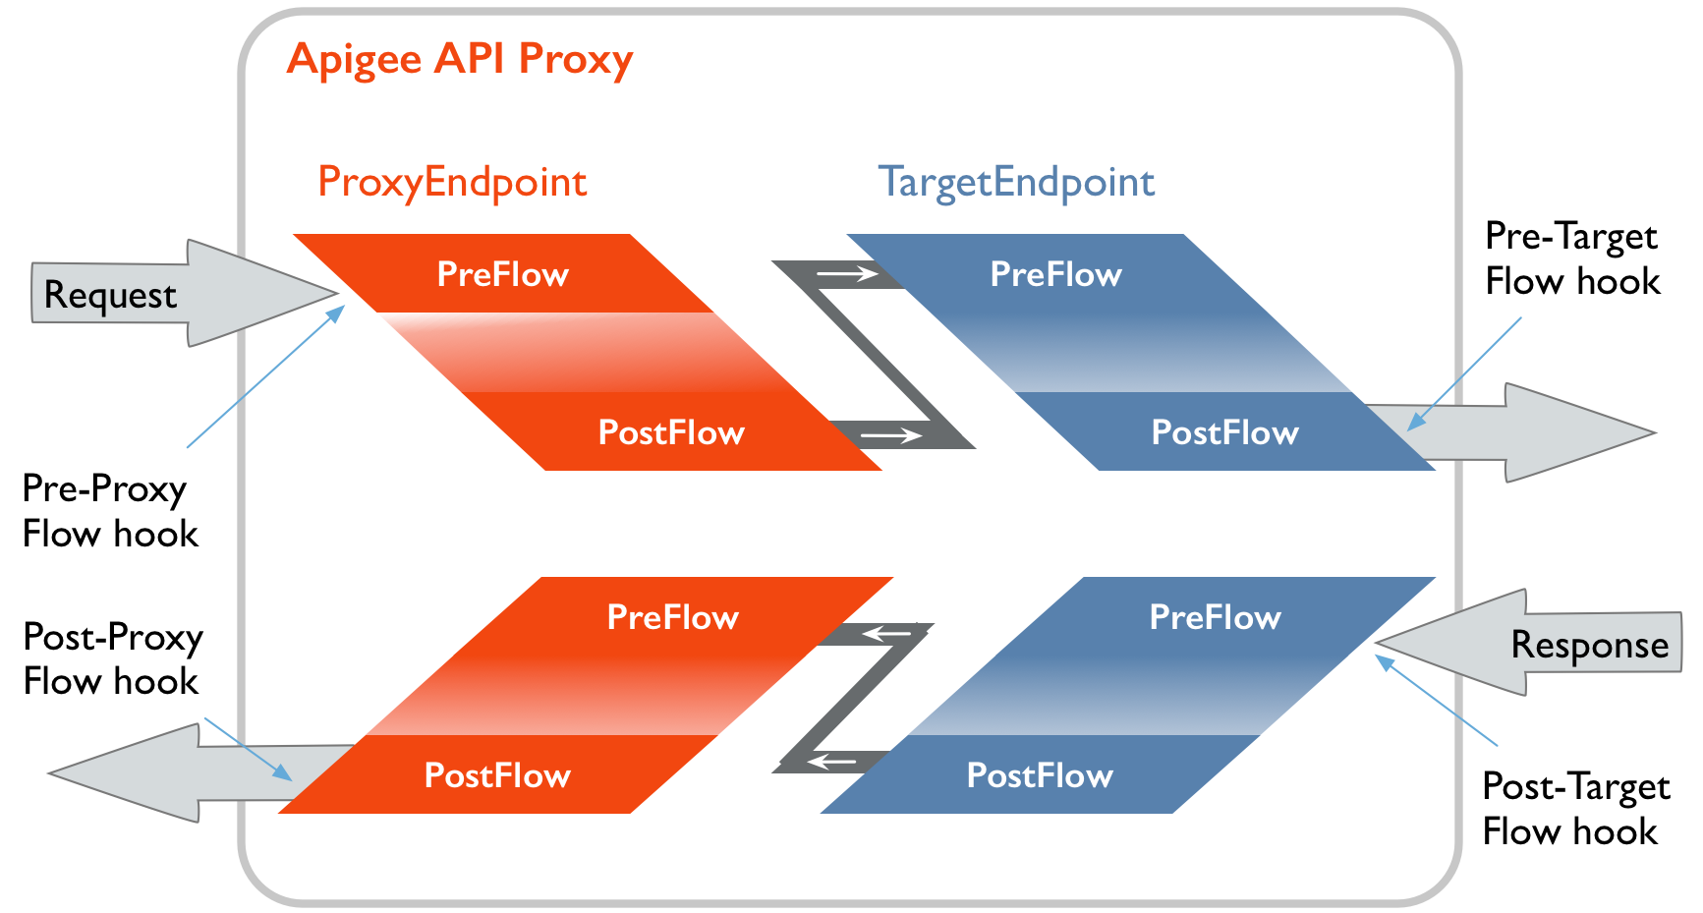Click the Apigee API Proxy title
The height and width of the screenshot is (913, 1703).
tap(460, 59)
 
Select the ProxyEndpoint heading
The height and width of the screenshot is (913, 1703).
tap(452, 183)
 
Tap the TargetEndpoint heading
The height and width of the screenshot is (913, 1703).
tap(1016, 183)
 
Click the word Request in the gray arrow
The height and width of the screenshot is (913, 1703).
tap(110, 296)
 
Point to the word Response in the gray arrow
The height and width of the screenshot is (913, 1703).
tap(1589, 646)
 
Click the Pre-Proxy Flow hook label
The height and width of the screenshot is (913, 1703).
tap(110, 511)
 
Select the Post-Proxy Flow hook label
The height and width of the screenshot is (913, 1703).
tap(112, 658)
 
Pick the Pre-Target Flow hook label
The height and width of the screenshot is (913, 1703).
tap(1572, 259)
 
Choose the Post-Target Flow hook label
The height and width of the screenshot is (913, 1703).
tap(1575, 809)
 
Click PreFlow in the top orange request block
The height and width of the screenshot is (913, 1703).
tap(502, 274)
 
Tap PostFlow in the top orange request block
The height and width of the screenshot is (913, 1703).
tap(671, 432)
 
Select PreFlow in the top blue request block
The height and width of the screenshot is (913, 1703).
tap(1055, 274)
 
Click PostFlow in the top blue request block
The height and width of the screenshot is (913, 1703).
tap(1224, 432)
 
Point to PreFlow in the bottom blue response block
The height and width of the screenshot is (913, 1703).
tap(1215, 617)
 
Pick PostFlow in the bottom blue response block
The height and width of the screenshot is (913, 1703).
tap(1040, 775)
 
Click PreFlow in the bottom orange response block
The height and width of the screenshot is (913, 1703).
tap(672, 617)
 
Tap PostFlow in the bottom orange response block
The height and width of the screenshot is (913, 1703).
tap(497, 775)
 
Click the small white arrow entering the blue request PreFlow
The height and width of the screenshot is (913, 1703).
tap(848, 274)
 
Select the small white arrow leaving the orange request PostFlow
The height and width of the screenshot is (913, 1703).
tap(890, 434)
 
